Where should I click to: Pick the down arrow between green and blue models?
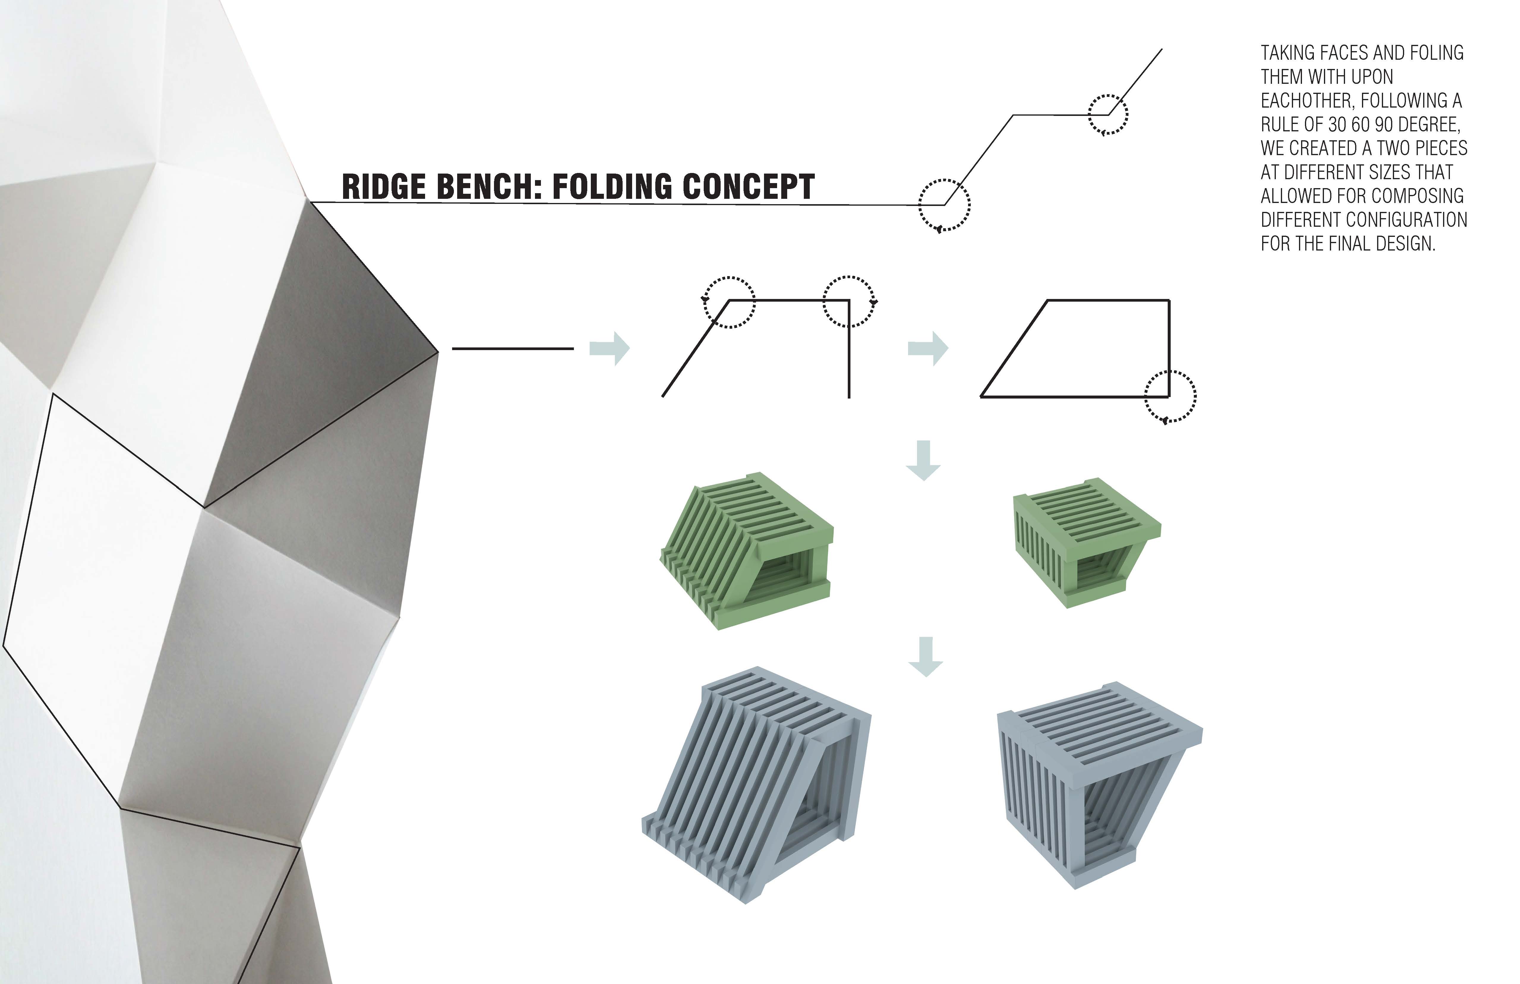coord(925,656)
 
